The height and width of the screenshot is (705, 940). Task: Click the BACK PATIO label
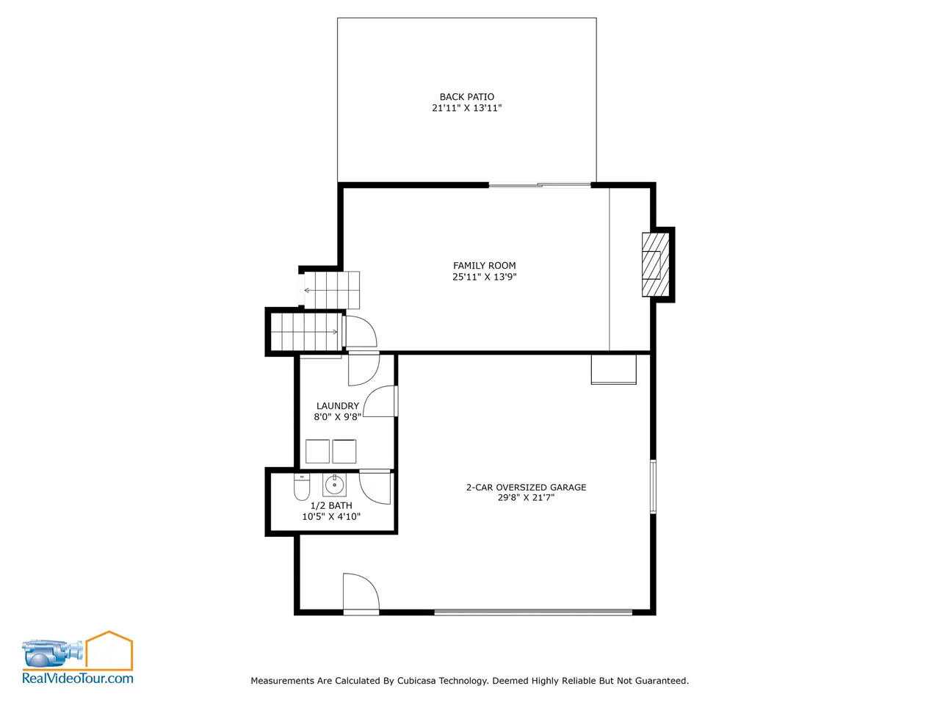click(466, 97)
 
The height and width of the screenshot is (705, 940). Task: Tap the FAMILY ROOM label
click(485, 265)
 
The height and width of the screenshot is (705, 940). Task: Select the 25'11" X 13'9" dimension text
click(485, 277)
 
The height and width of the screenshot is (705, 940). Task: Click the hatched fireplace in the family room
click(655, 264)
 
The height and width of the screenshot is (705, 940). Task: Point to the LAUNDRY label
click(338, 406)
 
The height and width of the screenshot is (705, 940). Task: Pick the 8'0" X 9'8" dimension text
click(338, 417)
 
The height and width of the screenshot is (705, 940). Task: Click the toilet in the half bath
click(302, 487)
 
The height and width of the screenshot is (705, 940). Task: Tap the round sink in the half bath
click(334, 485)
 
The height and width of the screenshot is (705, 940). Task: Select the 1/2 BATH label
click(331, 505)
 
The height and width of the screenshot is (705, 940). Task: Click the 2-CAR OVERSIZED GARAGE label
click(526, 487)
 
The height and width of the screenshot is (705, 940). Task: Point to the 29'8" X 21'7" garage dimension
click(526, 497)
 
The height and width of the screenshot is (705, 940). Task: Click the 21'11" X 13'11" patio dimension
click(466, 108)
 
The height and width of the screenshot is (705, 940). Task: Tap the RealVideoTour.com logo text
click(78, 679)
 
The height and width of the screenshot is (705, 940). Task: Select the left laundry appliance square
click(317, 451)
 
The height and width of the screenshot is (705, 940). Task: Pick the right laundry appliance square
click(344, 451)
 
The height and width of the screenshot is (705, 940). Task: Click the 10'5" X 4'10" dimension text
click(331, 517)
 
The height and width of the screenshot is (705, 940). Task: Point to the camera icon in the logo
click(52, 653)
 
